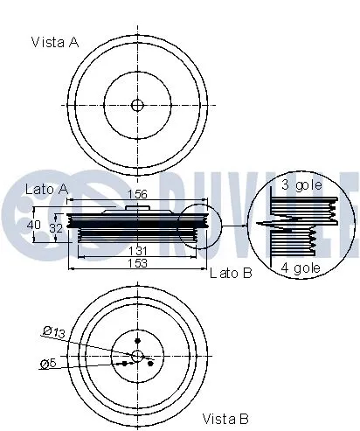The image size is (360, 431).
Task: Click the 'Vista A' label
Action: tap(53, 41)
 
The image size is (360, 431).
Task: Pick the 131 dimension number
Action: tap(139, 251)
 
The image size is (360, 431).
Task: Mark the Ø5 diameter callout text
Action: tap(50, 364)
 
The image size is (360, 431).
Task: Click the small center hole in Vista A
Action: tap(137, 105)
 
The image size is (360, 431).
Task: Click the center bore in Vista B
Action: tap(137, 355)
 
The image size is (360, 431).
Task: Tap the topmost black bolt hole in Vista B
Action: tap(137, 340)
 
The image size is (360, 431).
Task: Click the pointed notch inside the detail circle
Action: tap(262, 226)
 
